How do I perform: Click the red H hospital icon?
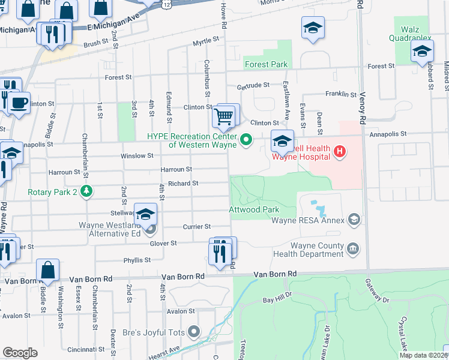[x=339, y=150]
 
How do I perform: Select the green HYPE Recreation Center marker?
[x=246, y=141]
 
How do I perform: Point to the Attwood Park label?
[x=254, y=210]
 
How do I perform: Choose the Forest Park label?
[x=266, y=64]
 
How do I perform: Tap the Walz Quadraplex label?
[x=413, y=31]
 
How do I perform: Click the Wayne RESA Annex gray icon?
[x=354, y=220]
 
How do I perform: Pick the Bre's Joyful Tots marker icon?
[x=193, y=331]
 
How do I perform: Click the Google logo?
[x=20, y=353]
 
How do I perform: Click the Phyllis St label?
[x=137, y=260]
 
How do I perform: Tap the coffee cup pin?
[x=19, y=102]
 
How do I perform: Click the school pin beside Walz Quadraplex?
[x=422, y=52]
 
